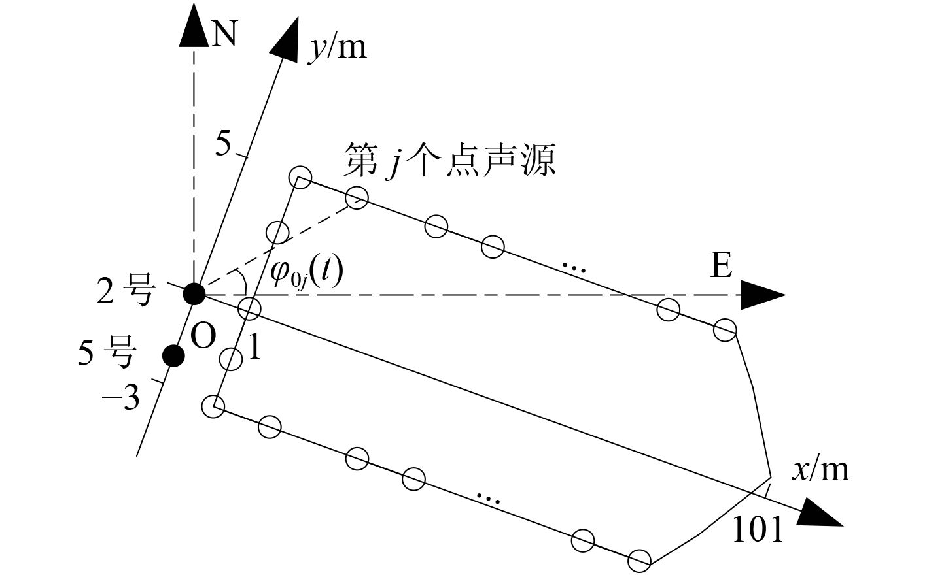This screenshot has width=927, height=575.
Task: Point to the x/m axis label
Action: [x=820, y=468]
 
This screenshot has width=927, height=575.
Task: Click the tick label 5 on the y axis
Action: [x=223, y=144]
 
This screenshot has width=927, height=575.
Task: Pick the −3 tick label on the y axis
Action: [x=122, y=397]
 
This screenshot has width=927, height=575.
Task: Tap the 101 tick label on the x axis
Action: [x=757, y=529]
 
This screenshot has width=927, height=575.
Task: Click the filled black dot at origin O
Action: [x=194, y=293]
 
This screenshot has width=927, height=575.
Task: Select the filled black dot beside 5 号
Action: [x=173, y=355]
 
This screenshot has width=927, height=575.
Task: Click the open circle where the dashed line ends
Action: [x=357, y=197]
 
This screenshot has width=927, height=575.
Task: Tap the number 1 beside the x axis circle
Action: [x=254, y=348]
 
